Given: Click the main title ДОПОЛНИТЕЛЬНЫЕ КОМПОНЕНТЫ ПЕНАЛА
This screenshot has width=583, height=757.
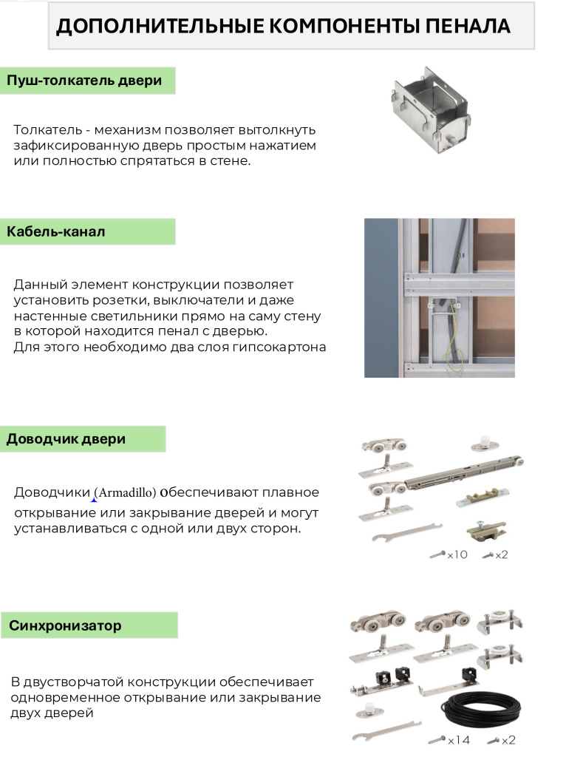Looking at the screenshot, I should point(283,26).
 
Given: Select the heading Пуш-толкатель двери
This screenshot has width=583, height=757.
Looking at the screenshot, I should point(83,81).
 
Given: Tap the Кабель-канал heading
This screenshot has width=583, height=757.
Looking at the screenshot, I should point(56,231).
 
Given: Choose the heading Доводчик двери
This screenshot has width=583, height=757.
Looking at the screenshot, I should point(66,439).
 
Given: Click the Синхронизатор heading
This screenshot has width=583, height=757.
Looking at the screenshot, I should point(65,625).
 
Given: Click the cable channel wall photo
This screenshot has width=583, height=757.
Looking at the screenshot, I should point(439,297).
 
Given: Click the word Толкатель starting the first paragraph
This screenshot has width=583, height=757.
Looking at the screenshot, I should point(47,129).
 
